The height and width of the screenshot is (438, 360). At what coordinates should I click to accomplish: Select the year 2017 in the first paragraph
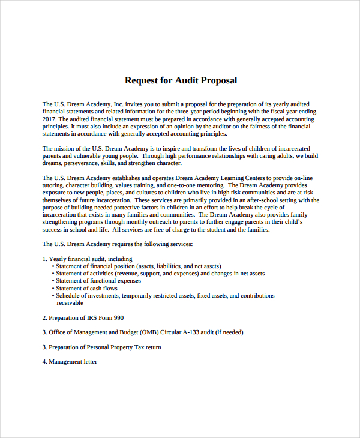click(x=49, y=119)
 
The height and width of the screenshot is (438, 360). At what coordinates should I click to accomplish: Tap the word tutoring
click(x=54, y=185)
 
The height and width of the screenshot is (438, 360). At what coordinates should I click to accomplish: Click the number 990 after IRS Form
click(x=118, y=317)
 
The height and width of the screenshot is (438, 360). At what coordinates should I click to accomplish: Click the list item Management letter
click(x=73, y=362)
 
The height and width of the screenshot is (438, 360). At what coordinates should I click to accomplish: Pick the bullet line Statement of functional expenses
click(x=98, y=281)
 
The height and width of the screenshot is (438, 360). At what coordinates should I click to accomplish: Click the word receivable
click(x=70, y=303)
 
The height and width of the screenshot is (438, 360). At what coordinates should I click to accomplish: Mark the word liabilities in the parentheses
click(x=171, y=266)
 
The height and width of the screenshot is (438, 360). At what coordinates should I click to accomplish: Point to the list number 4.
click(x=44, y=362)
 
